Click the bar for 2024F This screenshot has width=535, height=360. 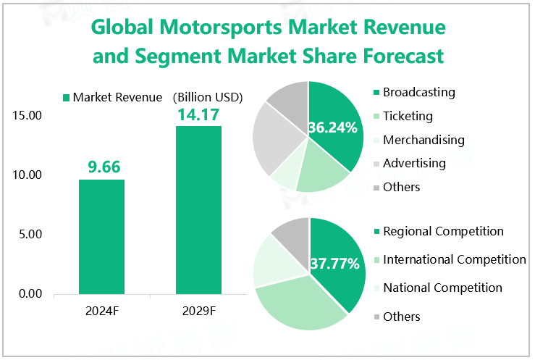tap(101, 236)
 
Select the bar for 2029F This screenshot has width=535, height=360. tap(198, 210)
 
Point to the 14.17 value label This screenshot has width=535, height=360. tap(198, 114)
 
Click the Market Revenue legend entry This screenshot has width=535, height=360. tap(112, 97)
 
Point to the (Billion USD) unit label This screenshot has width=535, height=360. tap(207, 97)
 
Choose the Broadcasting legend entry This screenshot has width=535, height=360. tap(418, 92)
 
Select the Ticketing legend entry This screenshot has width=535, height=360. tap(408, 116)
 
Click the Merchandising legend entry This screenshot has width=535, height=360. tap(424, 140)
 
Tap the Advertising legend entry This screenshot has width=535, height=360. tap(414, 163)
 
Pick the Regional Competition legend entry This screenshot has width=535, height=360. tap(443, 232)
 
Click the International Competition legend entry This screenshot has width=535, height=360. tap(454, 259)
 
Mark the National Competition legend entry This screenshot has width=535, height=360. tap(442, 288)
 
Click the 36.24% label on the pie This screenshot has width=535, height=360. tap(333, 128)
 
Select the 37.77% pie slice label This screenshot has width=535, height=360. tap(334, 264)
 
